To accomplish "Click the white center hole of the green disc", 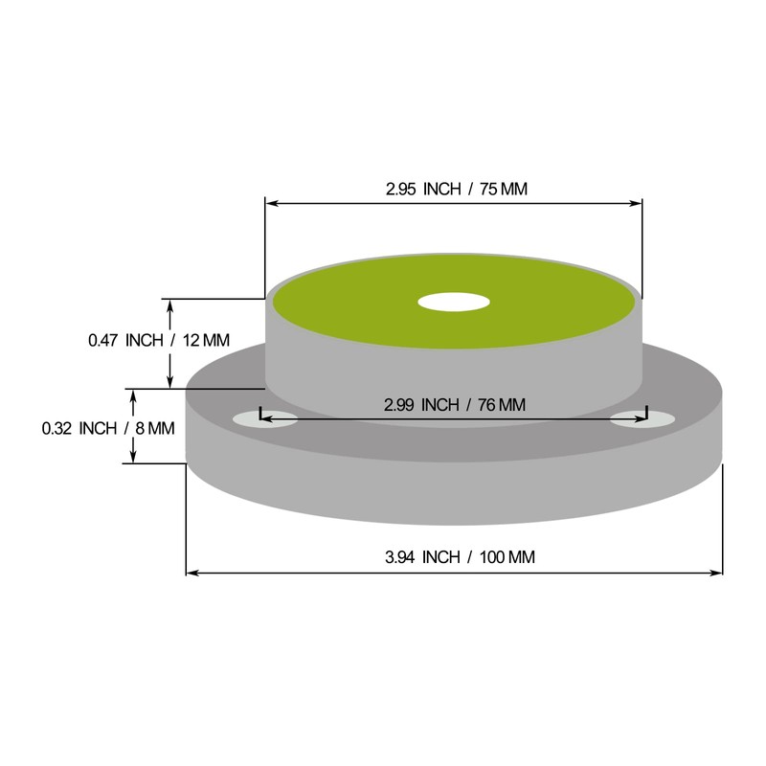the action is click(454, 302).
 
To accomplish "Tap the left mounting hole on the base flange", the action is click(265, 419).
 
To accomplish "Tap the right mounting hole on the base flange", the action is click(642, 419).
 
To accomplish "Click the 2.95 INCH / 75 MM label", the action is click(457, 189).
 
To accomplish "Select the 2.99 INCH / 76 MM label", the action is click(455, 405).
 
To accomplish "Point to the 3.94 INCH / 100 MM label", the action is click(460, 557).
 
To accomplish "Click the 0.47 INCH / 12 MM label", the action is click(159, 340).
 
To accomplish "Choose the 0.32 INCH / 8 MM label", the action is click(108, 428).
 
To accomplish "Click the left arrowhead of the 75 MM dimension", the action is click(272, 203).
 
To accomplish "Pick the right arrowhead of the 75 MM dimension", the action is click(636, 203).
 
